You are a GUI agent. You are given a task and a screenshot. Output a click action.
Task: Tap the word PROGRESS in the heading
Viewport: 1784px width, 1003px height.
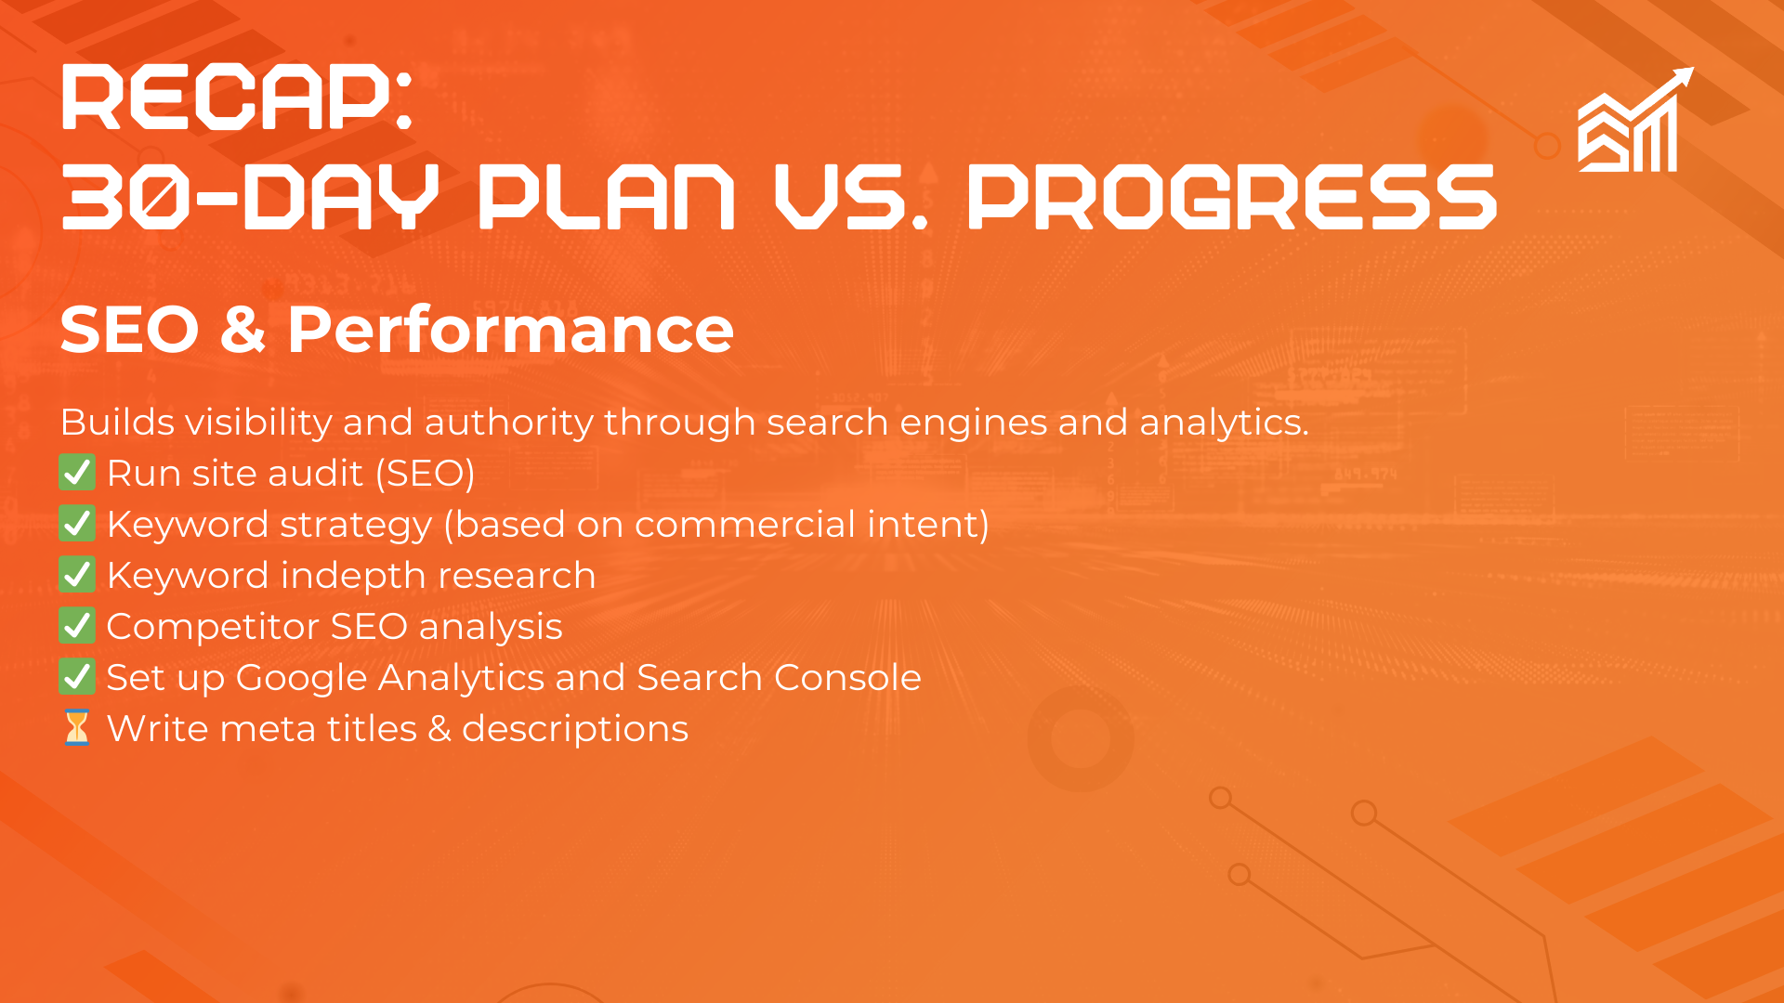pyautogui.click(x=1232, y=197)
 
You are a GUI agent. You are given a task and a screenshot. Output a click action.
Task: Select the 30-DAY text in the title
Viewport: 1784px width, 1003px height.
pyautogui.click(x=250, y=197)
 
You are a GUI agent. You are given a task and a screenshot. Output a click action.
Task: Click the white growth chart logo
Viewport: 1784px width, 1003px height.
pyautogui.click(x=1635, y=120)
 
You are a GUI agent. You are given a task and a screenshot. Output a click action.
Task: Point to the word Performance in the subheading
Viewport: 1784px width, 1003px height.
pyautogui.click(x=511, y=330)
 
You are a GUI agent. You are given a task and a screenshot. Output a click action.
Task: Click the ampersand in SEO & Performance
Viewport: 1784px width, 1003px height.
pyautogui.click(x=243, y=330)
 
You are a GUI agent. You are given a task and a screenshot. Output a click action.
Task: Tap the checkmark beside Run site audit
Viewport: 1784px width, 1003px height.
pyautogui.click(x=77, y=473)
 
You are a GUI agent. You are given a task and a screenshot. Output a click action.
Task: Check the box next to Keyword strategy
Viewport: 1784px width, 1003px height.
pyautogui.click(x=77, y=524)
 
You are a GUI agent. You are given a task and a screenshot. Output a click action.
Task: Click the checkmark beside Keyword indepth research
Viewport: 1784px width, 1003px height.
pyautogui.click(x=77, y=575)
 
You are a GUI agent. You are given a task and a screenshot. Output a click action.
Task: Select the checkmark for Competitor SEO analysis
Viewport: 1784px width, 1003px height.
pyautogui.click(x=77, y=626)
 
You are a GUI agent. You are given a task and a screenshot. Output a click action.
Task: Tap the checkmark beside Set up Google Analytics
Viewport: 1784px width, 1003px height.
pyautogui.click(x=77, y=677)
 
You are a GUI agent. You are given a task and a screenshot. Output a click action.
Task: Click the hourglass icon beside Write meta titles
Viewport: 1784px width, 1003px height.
pyautogui.click(x=77, y=728)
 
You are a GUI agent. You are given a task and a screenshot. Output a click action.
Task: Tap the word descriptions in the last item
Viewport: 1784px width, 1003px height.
pyautogui.click(x=575, y=730)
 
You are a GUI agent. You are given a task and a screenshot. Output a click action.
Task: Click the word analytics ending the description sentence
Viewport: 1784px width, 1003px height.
pyautogui.click(x=1224, y=423)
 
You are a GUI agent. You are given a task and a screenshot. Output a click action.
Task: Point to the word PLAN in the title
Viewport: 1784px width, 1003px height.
pyautogui.click(x=607, y=197)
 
